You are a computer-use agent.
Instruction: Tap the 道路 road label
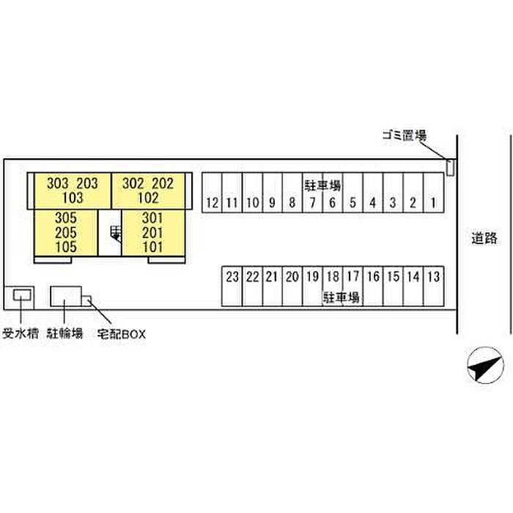pyautogui.click(x=484, y=237)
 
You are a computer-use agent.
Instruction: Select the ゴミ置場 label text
pyautogui.click(x=404, y=136)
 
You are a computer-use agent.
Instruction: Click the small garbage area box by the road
pyautogui.click(x=450, y=168)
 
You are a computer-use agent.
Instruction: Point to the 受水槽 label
pyautogui.click(x=20, y=334)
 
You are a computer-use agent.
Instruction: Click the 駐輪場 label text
pyautogui.click(x=64, y=334)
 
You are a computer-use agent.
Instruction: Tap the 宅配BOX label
pyautogui.click(x=122, y=334)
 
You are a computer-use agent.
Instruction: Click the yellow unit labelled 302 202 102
pyautogui.click(x=147, y=190)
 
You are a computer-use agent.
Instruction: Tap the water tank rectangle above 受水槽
pyautogui.click(x=21, y=295)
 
